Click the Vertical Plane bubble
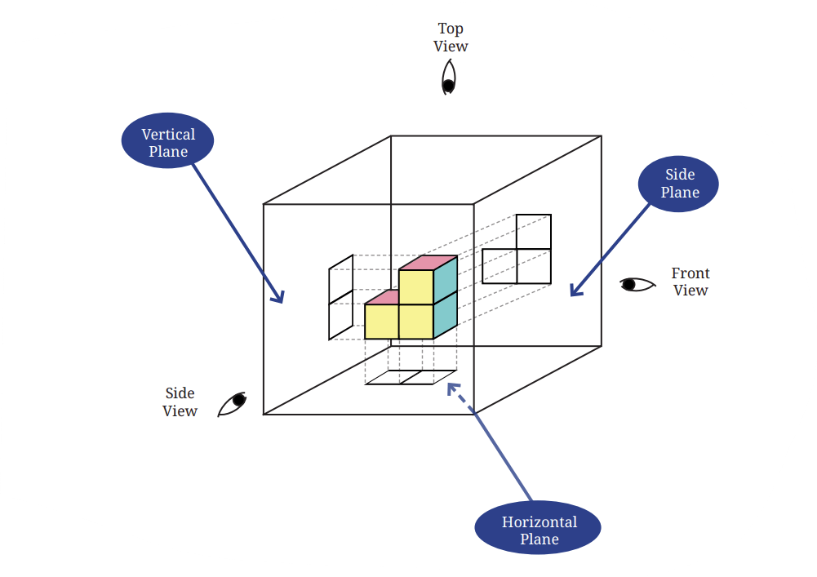(x=167, y=140)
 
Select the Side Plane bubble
(x=678, y=184)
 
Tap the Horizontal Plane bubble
(x=538, y=527)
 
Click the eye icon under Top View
(x=449, y=78)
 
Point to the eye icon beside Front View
(x=637, y=284)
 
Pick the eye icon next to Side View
(x=232, y=404)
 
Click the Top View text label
(x=451, y=37)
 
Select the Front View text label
(x=690, y=282)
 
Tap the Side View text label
(x=180, y=402)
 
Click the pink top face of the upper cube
(x=428, y=263)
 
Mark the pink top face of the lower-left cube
(x=382, y=298)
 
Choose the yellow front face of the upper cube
(x=415, y=286)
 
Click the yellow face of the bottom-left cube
(x=381, y=322)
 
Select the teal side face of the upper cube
(x=446, y=280)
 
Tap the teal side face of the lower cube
(x=446, y=315)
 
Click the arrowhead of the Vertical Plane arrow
(x=279, y=297)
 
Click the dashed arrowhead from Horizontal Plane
(x=453, y=388)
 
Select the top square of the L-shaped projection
(x=534, y=232)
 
